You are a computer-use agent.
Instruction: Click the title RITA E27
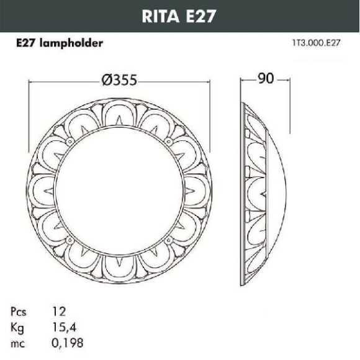[179, 16]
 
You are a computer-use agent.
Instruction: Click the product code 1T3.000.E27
[316, 43]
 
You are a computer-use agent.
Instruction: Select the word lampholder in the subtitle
[71, 43]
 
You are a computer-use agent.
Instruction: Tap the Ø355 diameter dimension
[119, 80]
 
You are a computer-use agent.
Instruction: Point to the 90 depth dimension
[266, 78]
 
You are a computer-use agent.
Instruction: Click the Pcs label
[19, 312]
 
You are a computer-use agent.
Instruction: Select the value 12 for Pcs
[59, 312]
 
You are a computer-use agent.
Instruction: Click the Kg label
[17, 328]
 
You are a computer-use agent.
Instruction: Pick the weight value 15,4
[64, 327]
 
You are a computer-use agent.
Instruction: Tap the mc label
[17, 344]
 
